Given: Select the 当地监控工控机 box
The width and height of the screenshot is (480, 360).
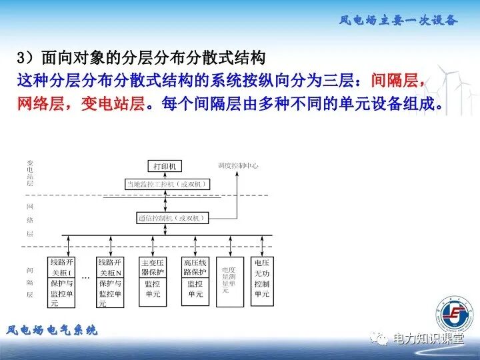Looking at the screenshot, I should (167, 183).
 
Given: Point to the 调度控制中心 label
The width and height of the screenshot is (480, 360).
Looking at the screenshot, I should (238, 165).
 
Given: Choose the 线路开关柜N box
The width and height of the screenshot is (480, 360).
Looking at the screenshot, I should (110, 282).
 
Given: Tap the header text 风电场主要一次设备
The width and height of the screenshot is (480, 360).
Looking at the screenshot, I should (398, 20).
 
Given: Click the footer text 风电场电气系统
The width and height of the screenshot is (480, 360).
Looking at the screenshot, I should (52, 330).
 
